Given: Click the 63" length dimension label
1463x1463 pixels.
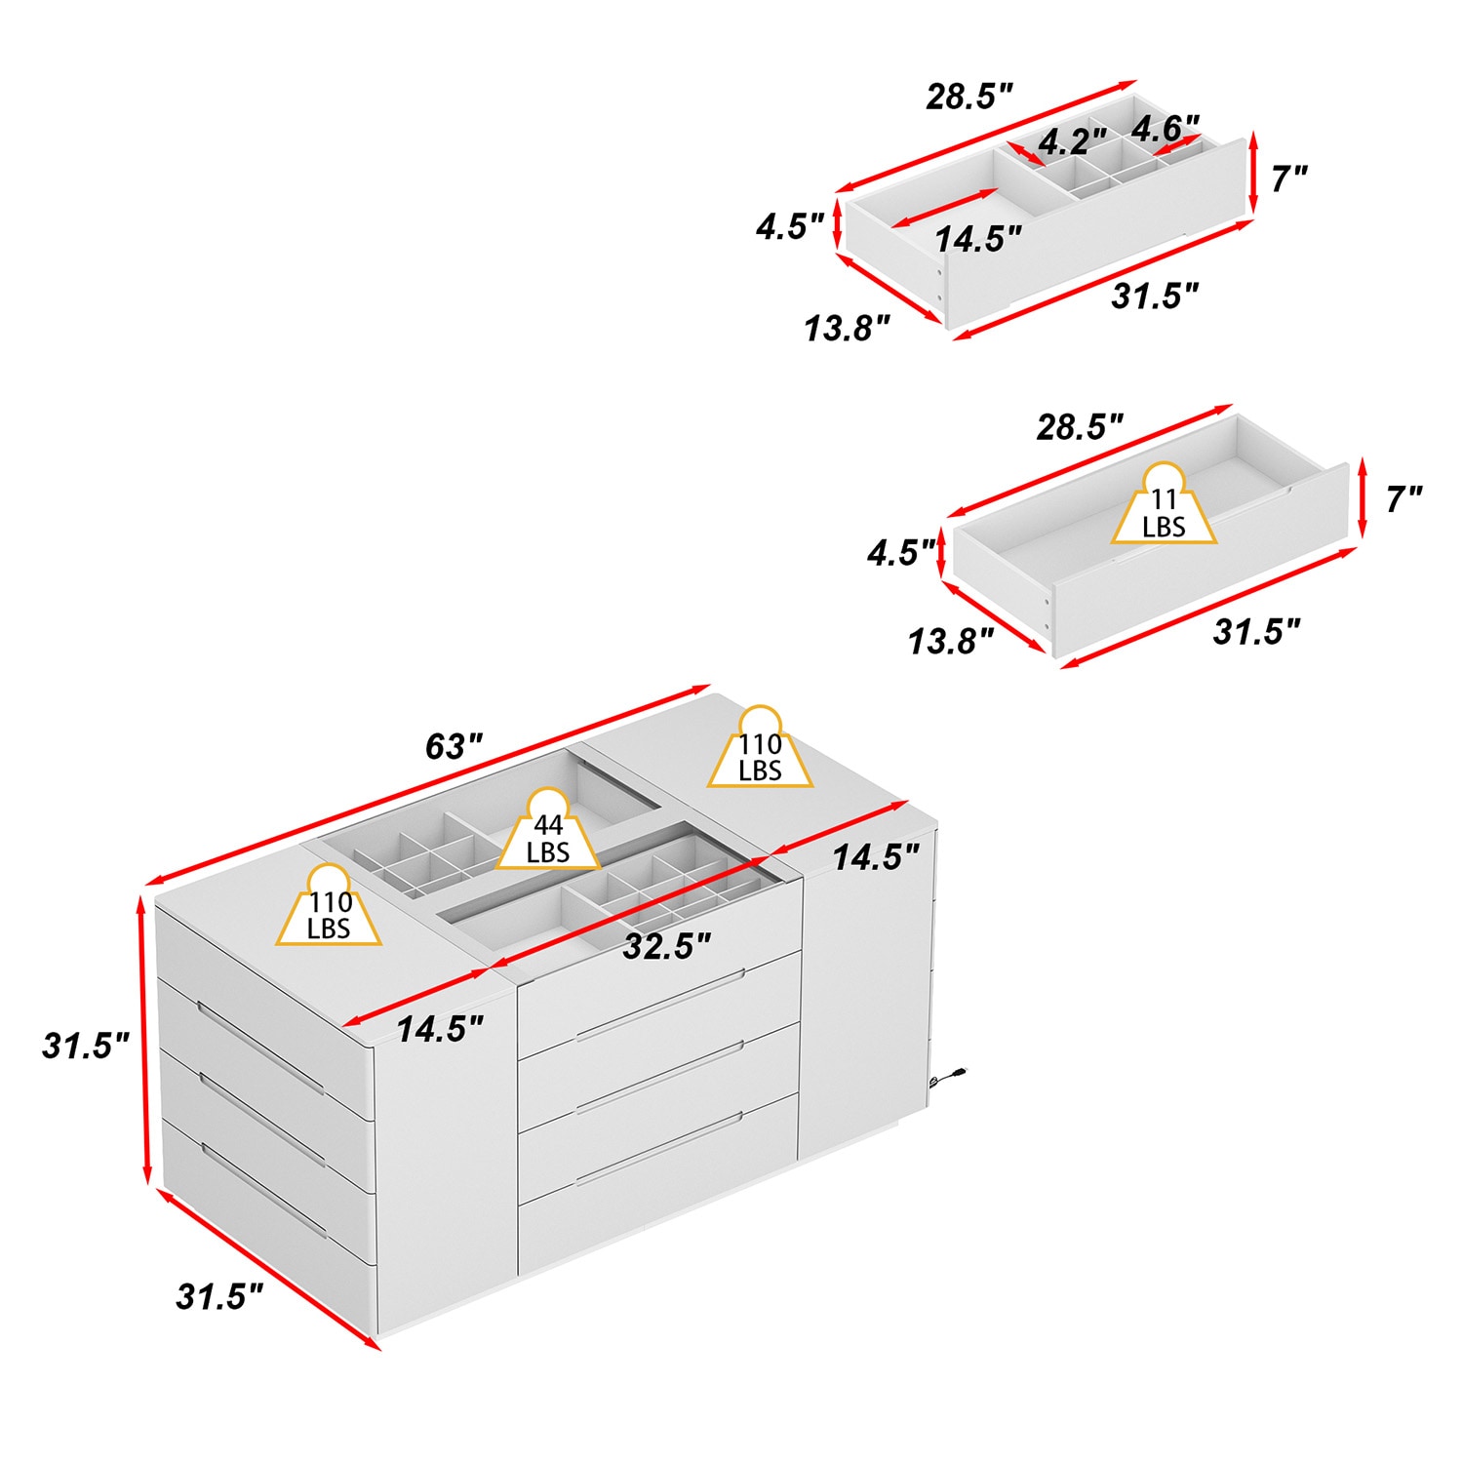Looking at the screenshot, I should [x=454, y=747].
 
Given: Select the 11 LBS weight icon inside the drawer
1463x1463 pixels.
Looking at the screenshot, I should [x=1164, y=508].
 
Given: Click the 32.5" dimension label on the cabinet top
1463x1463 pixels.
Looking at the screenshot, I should [x=667, y=945].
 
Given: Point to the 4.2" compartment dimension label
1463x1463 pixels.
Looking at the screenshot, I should [x=1071, y=142].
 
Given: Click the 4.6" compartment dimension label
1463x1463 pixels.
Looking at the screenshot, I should [x=1165, y=128].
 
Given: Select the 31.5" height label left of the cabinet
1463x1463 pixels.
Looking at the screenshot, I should [x=86, y=1046].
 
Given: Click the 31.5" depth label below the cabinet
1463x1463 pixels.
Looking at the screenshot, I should [x=219, y=1297].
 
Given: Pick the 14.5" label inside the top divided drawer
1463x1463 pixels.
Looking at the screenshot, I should [x=977, y=238].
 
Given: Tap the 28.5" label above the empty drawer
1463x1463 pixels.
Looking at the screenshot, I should [x=1080, y=426].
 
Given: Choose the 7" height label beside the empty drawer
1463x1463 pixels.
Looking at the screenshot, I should [x=1403, y=499].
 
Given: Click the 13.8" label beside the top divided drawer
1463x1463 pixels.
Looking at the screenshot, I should [x=847, y=329].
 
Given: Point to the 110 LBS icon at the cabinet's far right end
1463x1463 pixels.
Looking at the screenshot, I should [x=760, y=751].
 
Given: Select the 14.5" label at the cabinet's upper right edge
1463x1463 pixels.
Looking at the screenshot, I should [x=875, y=857].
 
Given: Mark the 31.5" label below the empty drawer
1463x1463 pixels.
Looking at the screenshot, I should [x=1256, y=631].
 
